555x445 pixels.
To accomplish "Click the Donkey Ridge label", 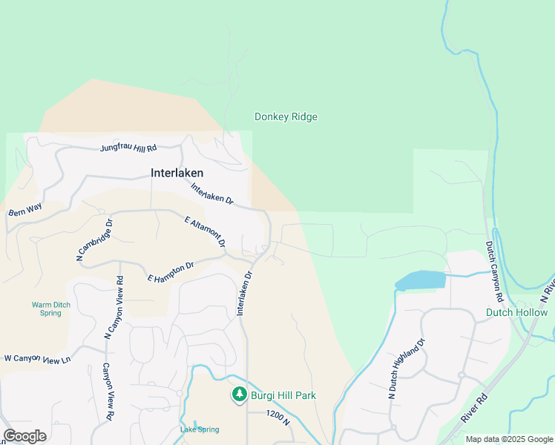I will coord(286,117).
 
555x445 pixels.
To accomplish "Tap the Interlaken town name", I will coord(177,173).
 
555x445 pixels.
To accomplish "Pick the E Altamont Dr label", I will coord(205,231).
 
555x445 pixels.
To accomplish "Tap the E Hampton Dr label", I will coord(171,271).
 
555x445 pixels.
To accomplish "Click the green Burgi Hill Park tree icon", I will coord(239,395).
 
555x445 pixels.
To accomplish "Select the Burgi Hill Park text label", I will coord(283,395).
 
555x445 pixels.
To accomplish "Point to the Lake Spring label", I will coord(199,429).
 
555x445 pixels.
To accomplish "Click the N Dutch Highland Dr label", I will coord(404,369).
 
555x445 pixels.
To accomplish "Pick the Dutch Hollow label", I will coord(516,312).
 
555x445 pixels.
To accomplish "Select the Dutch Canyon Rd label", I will coord(496,270).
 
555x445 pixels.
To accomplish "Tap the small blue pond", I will coord(421,280).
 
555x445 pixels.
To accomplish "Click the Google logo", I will coord(25,436).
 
